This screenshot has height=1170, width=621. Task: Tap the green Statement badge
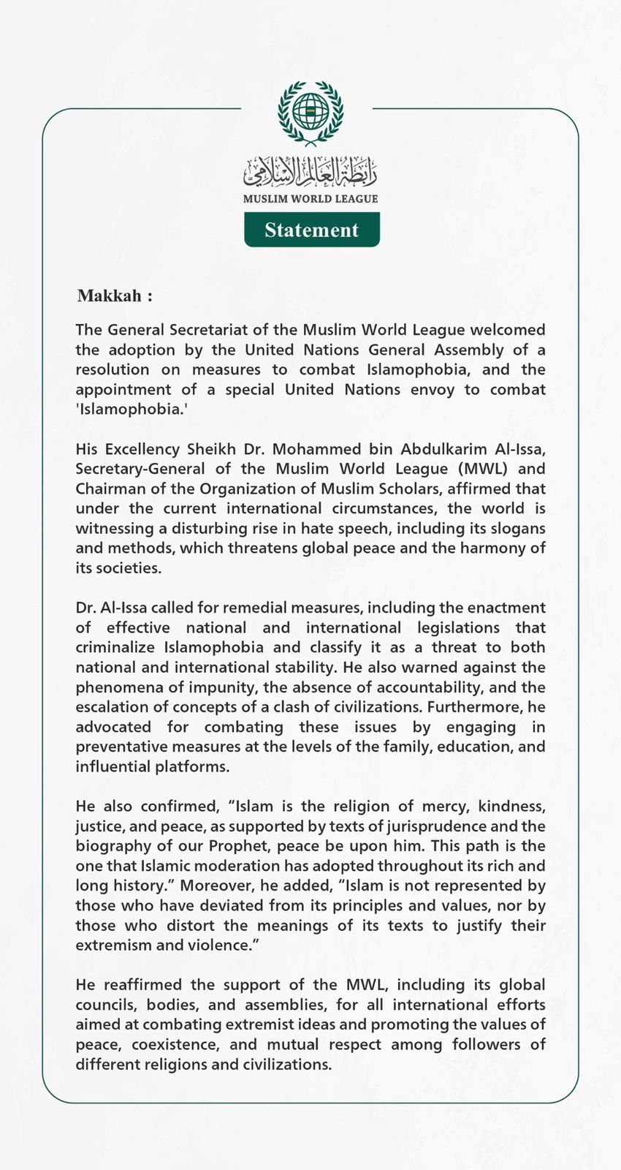tap(312, 230)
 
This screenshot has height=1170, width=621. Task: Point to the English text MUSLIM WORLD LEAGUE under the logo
tap(310, 199)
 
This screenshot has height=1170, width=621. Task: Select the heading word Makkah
tap(110, 296)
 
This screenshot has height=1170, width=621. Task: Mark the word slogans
tap(515, 528)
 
